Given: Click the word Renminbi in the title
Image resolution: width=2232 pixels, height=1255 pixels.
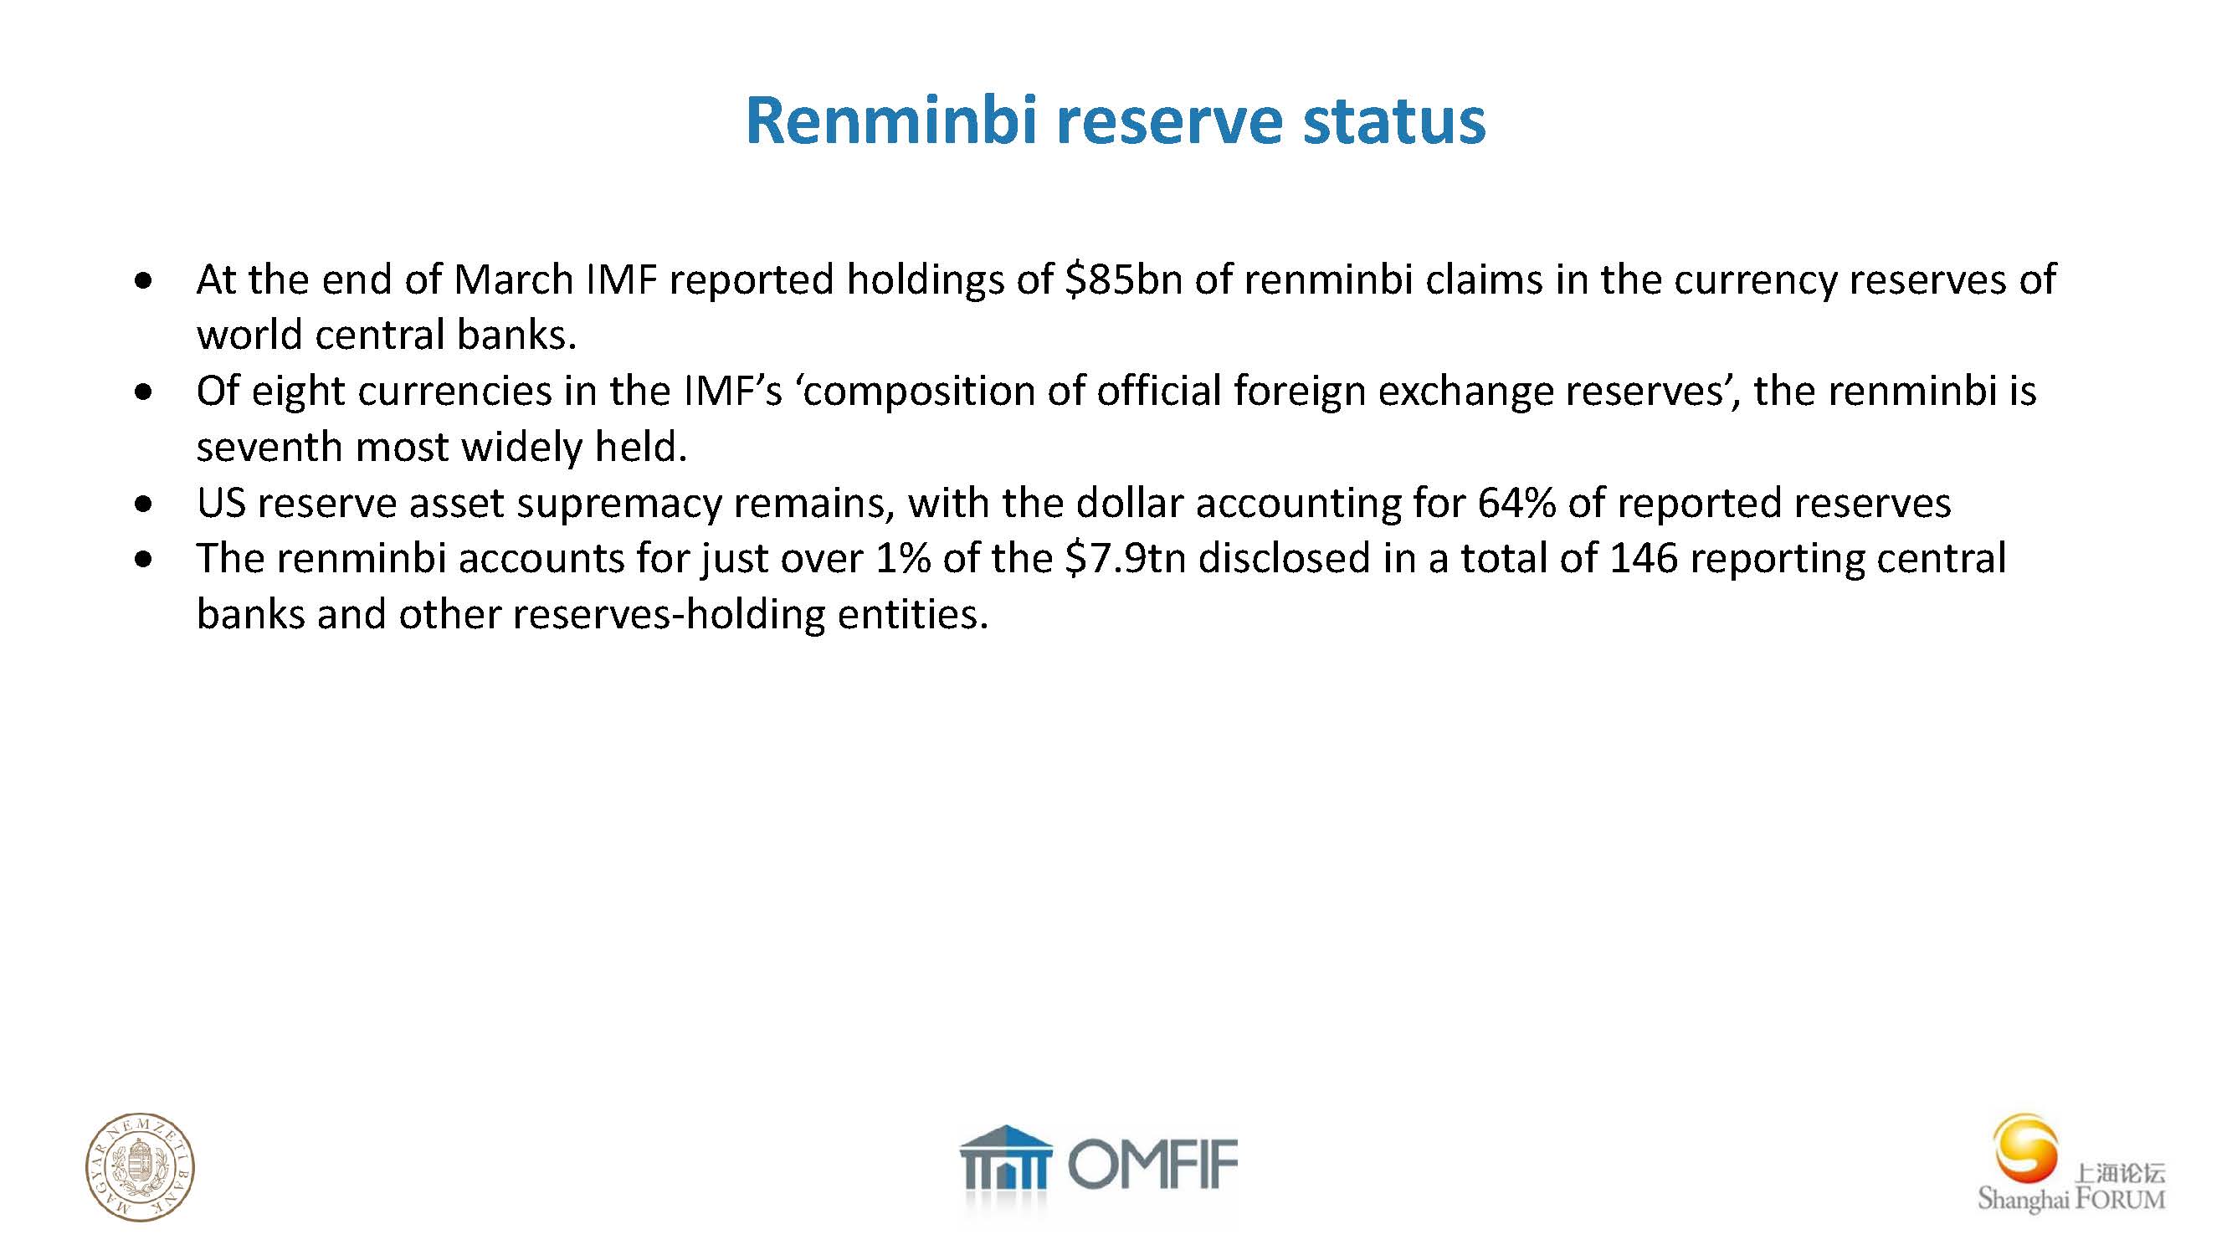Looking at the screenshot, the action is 891,120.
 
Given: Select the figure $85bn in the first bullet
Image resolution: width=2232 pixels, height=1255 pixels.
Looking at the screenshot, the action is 1124,279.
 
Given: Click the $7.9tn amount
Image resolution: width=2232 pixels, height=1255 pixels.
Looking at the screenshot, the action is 1125,559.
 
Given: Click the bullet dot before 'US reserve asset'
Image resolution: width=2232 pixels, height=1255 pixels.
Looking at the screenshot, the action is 144,503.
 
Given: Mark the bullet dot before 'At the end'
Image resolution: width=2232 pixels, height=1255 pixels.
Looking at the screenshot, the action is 144,280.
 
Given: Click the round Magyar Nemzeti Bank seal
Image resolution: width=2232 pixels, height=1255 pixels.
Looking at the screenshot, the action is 140,1166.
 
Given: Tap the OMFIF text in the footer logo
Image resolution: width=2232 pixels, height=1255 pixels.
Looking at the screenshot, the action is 1152,1165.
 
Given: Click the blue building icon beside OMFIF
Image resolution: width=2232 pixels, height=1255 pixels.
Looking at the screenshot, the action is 1005,1158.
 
